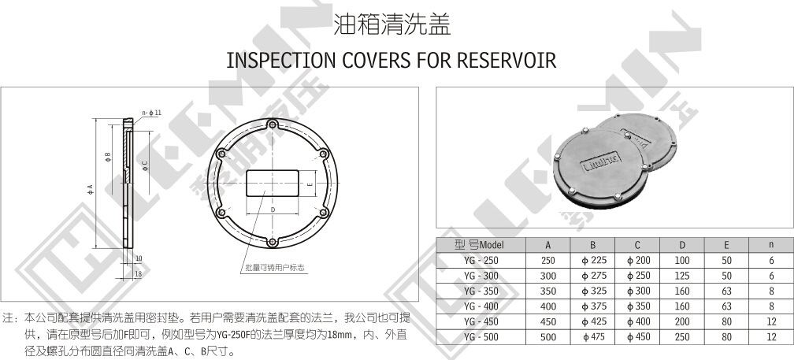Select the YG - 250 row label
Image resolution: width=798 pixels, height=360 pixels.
point(481,261)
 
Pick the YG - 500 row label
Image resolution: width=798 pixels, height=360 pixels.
point(481,336)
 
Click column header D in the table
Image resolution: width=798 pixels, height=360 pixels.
point(682,245)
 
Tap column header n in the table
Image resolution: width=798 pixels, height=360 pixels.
point(771,245)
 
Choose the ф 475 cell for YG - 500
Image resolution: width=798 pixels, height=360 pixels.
point(593,336)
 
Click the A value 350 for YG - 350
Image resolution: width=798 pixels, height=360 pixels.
point(548,291)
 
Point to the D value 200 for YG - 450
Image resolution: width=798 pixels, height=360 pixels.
point(682,321)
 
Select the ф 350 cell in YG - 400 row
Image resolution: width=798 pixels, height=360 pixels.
point(638,306)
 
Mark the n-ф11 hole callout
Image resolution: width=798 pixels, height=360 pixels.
point(151,113)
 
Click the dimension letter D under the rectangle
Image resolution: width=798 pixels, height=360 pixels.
point(272,210)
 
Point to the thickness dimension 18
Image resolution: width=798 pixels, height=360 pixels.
point(138,273)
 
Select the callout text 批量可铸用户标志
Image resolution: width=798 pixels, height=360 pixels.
point(274,268)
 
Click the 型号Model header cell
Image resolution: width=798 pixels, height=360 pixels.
point(481,245)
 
